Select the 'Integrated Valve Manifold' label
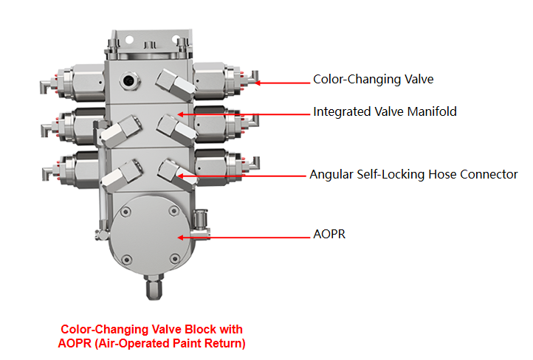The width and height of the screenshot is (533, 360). coord(385,112)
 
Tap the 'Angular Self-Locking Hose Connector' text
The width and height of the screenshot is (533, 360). coord(413,175)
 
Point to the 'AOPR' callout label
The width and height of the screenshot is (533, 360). coord(329,235)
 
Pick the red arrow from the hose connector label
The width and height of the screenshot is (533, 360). coord(243,176)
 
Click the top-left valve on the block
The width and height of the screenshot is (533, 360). coord(74,79)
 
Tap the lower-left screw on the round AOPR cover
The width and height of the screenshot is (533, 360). coord(127,258)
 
